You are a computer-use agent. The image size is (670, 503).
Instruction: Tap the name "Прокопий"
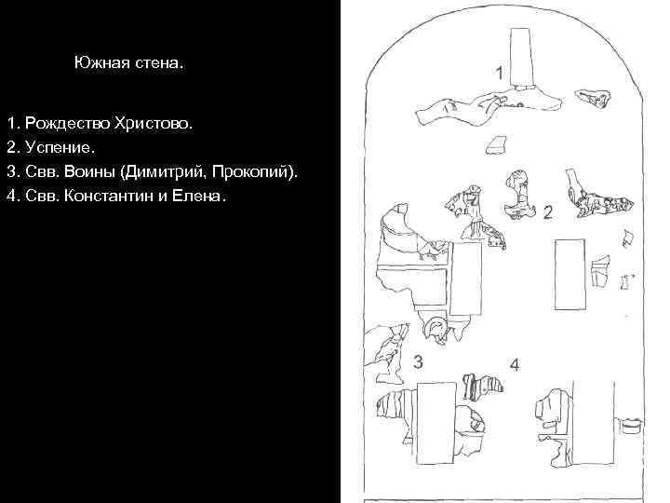pos(264,172)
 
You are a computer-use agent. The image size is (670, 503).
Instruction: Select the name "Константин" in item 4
pos(115,197)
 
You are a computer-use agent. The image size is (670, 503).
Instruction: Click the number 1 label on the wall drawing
pos(499,72)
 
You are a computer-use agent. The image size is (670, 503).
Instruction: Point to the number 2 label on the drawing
pos(547,213)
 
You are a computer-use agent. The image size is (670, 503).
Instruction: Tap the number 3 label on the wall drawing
pos(420,362)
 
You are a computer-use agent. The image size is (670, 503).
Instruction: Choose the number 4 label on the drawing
pos(514,363)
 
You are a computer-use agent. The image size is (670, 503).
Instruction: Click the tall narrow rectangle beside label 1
pos(520,58)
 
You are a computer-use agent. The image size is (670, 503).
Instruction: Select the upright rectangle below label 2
pos(569,275)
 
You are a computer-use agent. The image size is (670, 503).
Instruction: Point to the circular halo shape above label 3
pos(435,327)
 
